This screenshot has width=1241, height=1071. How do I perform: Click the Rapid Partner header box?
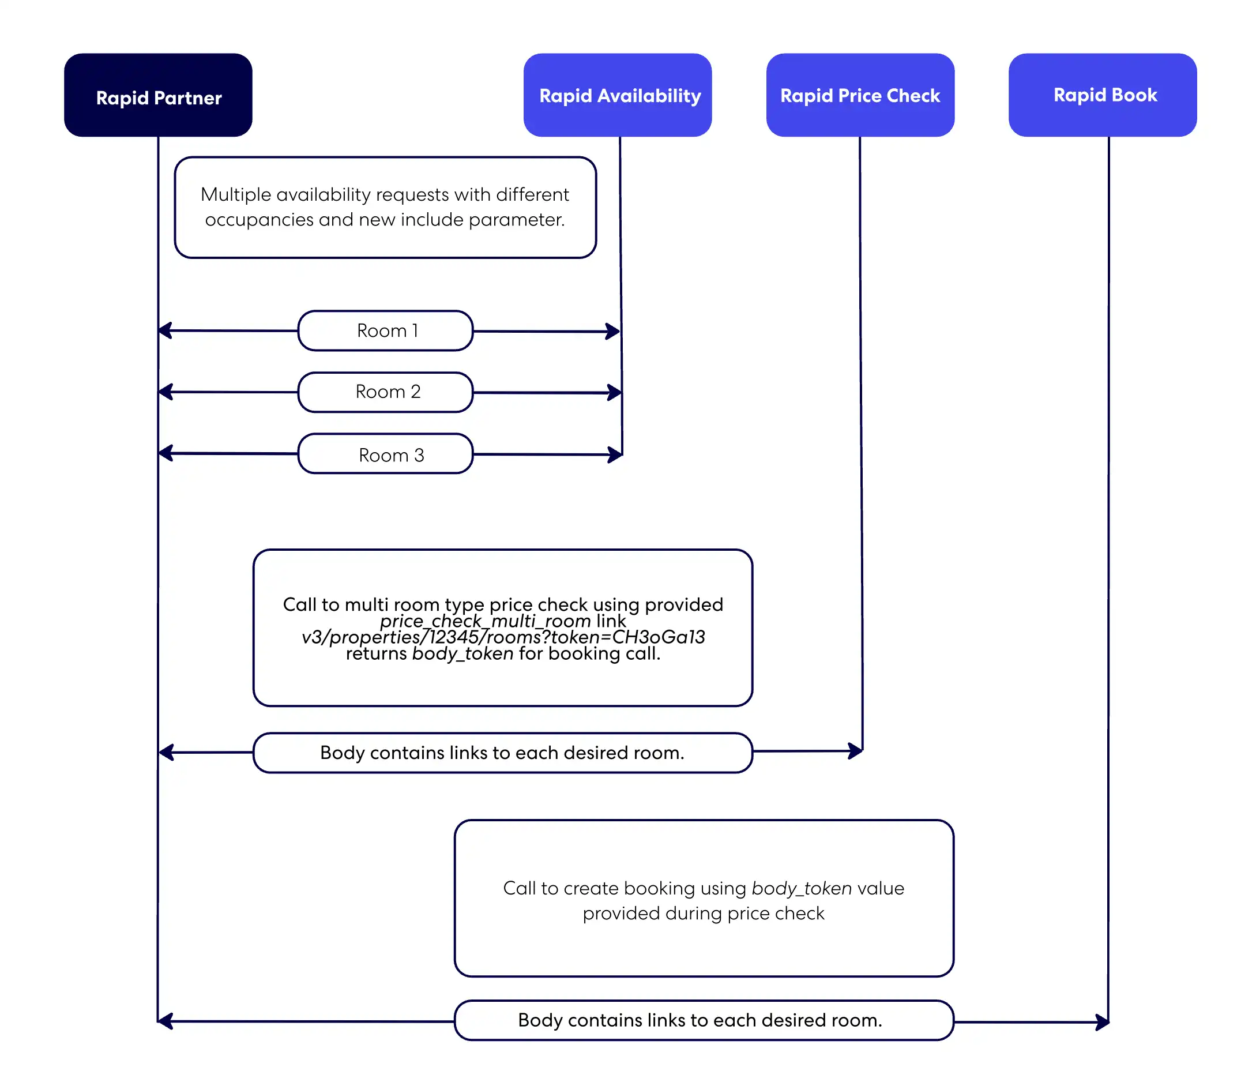click(158, 95)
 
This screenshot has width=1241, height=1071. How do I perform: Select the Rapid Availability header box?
click(618, 95)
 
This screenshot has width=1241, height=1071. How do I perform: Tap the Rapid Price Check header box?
click(860, 95)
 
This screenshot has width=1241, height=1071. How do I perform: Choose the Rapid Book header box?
click(1103, 95)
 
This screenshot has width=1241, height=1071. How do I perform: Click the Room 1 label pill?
click(386, 330)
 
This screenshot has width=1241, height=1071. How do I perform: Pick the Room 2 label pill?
click(386, 392)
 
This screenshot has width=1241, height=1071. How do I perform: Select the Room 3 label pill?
click(386, 454)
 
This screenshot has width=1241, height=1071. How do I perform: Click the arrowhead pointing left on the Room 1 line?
click(166, 330)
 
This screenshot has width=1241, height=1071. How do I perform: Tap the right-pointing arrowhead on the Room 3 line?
click(615, 454)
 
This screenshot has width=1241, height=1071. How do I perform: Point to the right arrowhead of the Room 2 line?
click(615, 393)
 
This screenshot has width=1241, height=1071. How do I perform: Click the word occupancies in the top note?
click(259, 220)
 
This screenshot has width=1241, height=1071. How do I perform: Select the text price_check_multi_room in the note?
click(485, 621)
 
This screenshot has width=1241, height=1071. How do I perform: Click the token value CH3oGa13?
click(658, 637)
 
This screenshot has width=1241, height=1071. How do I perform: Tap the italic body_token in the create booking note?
click(802, 888)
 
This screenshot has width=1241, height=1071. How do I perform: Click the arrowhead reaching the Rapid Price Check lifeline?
click(856, 750)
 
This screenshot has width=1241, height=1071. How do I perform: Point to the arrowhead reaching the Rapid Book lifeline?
click(1102, 1023)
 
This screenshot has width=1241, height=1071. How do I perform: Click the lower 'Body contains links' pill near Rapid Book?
click(704, 1021)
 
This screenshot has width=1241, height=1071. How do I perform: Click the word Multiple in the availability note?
click(235, 195)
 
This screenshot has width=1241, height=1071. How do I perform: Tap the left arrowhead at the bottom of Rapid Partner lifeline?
click(166, 1021)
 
